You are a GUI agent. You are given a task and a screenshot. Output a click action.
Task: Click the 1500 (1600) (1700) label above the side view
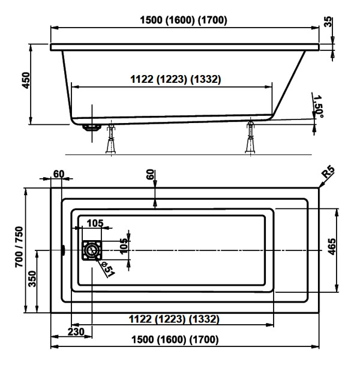tap(184, 20)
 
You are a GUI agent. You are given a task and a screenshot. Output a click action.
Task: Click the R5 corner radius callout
tap(328, 175)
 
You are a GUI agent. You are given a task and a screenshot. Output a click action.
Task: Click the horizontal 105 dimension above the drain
tap(94, 223)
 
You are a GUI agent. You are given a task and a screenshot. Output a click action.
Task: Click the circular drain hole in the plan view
tap(91, 250)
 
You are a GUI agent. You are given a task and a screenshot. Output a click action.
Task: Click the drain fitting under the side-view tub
tap(91, 127)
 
